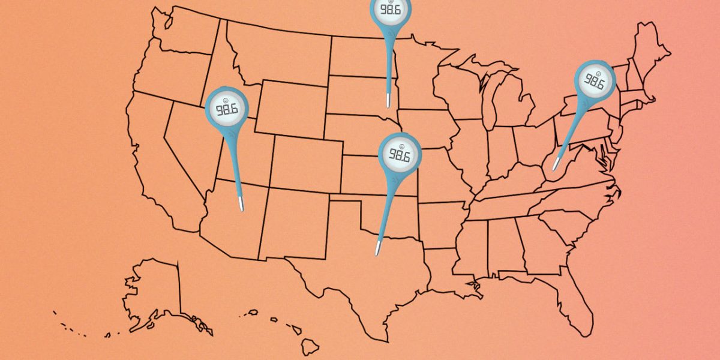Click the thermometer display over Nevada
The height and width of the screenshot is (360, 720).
coord(226,109)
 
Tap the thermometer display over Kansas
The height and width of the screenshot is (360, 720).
coord(399,155)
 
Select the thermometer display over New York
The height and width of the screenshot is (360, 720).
coord(595,81)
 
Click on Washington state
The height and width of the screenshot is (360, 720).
coord(183,33)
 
